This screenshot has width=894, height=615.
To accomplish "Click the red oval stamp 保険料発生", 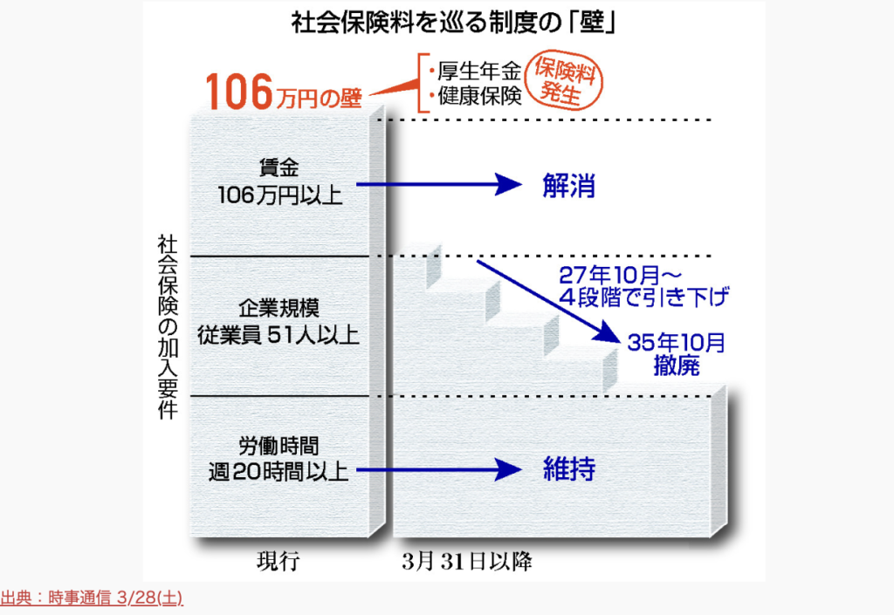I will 560,83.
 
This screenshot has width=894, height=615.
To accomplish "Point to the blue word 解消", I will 568,185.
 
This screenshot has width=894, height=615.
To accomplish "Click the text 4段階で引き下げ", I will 643,296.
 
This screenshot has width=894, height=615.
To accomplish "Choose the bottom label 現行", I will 279,560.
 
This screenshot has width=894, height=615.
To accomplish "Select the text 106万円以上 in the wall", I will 280,195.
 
